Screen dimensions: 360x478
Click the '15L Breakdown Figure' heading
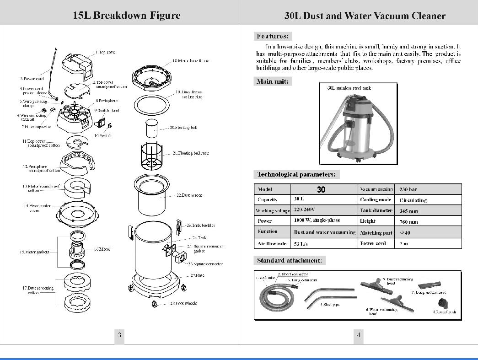(127, 15)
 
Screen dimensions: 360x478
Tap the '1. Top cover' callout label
(106, 52)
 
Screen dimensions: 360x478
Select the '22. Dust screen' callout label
(189, 195)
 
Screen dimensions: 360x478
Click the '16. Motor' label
(102, 249)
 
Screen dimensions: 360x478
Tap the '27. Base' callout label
(197, 276)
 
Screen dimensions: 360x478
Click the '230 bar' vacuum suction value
(408, 189)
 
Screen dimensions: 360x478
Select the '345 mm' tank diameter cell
(408, 211)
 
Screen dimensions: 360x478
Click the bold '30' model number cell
(321, 189)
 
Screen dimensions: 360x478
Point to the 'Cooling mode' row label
(375, 200)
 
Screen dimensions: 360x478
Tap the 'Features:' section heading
(273, 36)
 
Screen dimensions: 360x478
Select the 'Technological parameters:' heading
(296, 174)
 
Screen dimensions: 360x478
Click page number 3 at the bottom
(119, 335)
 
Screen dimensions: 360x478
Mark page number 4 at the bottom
(359, 335)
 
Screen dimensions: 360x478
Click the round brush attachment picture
(442, 302)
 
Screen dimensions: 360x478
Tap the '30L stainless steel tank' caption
(349, 88)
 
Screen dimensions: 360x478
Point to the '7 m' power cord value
(403, 244)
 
